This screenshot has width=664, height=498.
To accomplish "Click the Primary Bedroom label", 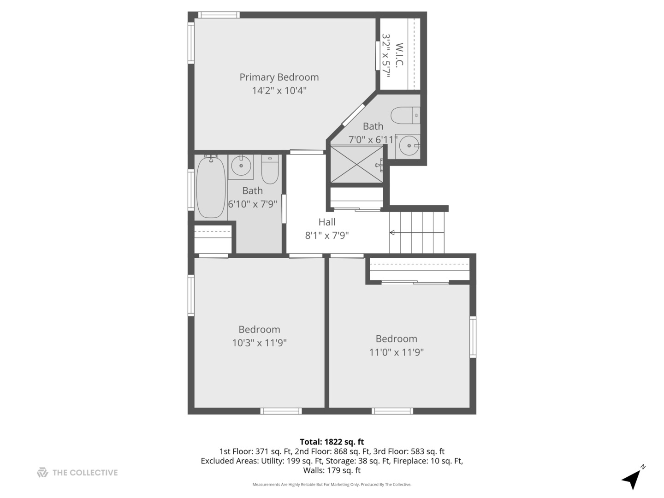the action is pos(279,77).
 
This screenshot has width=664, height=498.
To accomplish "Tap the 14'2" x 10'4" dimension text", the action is pos(279,90).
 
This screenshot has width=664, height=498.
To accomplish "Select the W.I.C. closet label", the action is pos(399,55).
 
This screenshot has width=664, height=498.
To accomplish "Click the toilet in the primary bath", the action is pos(405,115).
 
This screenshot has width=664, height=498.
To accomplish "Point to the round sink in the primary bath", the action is pos(409,146).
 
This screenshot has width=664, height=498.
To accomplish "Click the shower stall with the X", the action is pos(356,164).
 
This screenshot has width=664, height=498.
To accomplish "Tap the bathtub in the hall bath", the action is pos(211,186).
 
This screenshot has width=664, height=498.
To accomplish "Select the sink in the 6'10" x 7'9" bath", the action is pos(241,166).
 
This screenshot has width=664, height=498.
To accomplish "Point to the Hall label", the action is pos(327,222).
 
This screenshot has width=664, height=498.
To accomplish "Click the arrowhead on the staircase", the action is pos(392,232).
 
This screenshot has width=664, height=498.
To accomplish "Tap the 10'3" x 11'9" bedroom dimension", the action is pos(259,343).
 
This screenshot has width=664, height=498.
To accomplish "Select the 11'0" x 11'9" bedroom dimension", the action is pos(396,352).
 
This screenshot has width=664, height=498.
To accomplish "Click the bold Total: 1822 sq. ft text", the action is pos(332,442).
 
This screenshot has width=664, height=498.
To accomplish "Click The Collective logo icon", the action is pos(42,472).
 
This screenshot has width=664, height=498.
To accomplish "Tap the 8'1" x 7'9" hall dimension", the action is pos(327,235).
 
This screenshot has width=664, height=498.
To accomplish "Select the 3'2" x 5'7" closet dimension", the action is pos(385,55).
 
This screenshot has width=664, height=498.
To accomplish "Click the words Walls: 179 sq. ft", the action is pos(332,470).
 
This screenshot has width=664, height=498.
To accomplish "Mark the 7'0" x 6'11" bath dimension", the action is pos(373,140).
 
